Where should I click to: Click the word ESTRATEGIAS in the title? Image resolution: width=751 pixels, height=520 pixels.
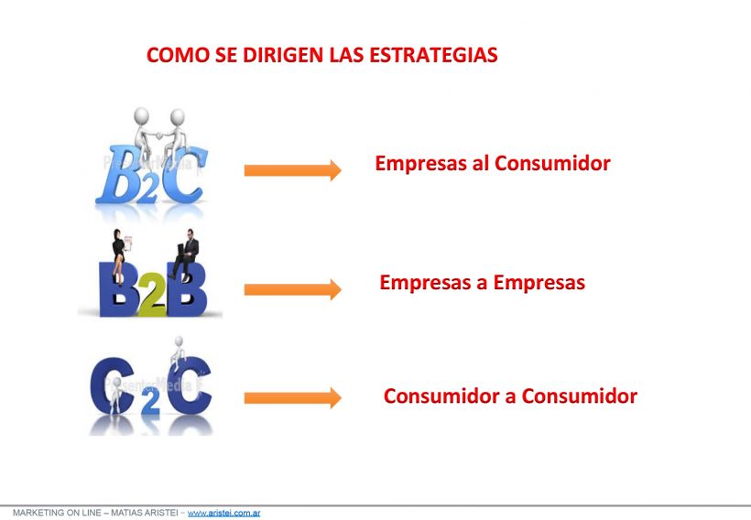[x=433, y=55]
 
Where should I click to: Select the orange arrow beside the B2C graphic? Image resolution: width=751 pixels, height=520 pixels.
[x=293, y=170]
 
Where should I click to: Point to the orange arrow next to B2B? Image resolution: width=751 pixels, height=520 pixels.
[x=293, y=289]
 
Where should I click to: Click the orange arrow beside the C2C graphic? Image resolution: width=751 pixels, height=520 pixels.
[x=293, y=398]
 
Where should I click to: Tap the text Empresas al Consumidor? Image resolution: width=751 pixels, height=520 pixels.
[x=493, y=164]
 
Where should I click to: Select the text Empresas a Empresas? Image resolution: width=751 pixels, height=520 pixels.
[x=483, y=283]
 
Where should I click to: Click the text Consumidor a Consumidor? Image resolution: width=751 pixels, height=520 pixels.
[x=510, y=396]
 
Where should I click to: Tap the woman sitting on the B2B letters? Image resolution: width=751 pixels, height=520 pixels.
[x=120, y=255]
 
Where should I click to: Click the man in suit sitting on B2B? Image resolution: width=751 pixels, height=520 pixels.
[x=185, y=255]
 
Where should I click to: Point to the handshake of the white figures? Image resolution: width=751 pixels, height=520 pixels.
[x=159, y=136]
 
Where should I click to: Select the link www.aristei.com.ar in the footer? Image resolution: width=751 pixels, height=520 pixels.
[x=223, y=513]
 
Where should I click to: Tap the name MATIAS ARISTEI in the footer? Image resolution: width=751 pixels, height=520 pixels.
[x=144, y=513]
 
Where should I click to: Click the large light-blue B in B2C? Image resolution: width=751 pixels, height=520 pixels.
[x=118, y=174]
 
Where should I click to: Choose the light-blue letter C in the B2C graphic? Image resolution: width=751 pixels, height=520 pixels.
[x=185, y=174]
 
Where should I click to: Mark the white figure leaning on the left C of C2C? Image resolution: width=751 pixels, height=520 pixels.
[x=115, y=395]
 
